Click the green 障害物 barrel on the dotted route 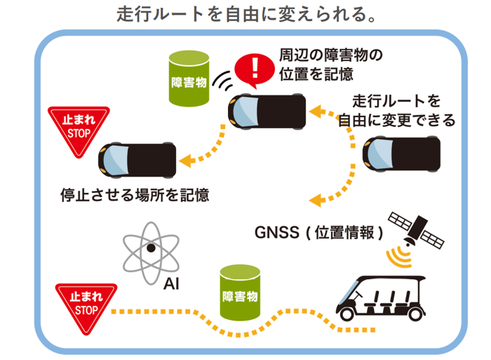coord(240,293)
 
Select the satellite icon coord(419,226)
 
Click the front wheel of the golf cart coord(349,312)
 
